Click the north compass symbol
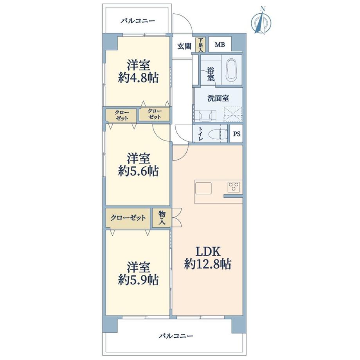261,21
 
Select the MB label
220,45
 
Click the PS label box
236,133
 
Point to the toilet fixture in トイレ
216,133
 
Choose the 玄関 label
184,46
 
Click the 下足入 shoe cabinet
200,45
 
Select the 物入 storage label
162,218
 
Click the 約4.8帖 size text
138,78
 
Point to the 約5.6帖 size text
138,171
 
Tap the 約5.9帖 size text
138,280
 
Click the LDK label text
208,252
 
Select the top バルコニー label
138,21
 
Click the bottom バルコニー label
176,336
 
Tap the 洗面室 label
218,98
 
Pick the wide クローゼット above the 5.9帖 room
128,218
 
